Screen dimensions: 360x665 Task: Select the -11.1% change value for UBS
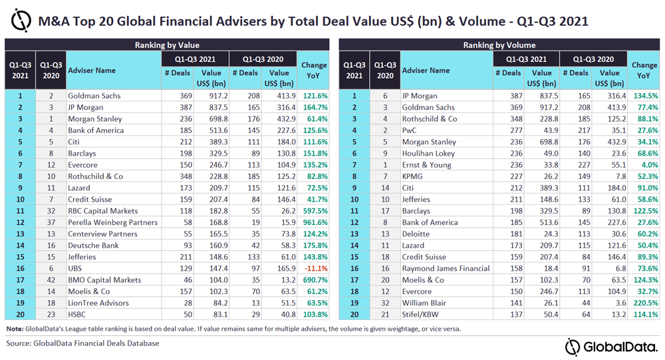pyautogui.click(x=315, y=268)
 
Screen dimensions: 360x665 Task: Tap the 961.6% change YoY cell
pyautogui.click(x=315, y=222)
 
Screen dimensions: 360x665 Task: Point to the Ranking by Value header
pyautogui.click(x=167, y=45)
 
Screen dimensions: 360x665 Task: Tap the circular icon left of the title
pyautogui.click(x=21, y=21)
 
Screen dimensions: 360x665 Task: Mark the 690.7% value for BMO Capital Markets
pyautogui.click(x=315, y=280)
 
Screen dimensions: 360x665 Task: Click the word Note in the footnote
pyautogui.click(x=14, y=329)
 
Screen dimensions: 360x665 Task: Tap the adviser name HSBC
pyautogui.click(x=78, y=315)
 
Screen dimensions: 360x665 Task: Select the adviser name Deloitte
pyautogui.click(x=417, y=234)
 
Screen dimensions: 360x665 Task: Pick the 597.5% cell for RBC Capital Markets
pyautogui.click(x=315, y=211)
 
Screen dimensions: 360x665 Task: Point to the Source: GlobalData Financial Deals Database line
pyautogui.click(x=83, y=343)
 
